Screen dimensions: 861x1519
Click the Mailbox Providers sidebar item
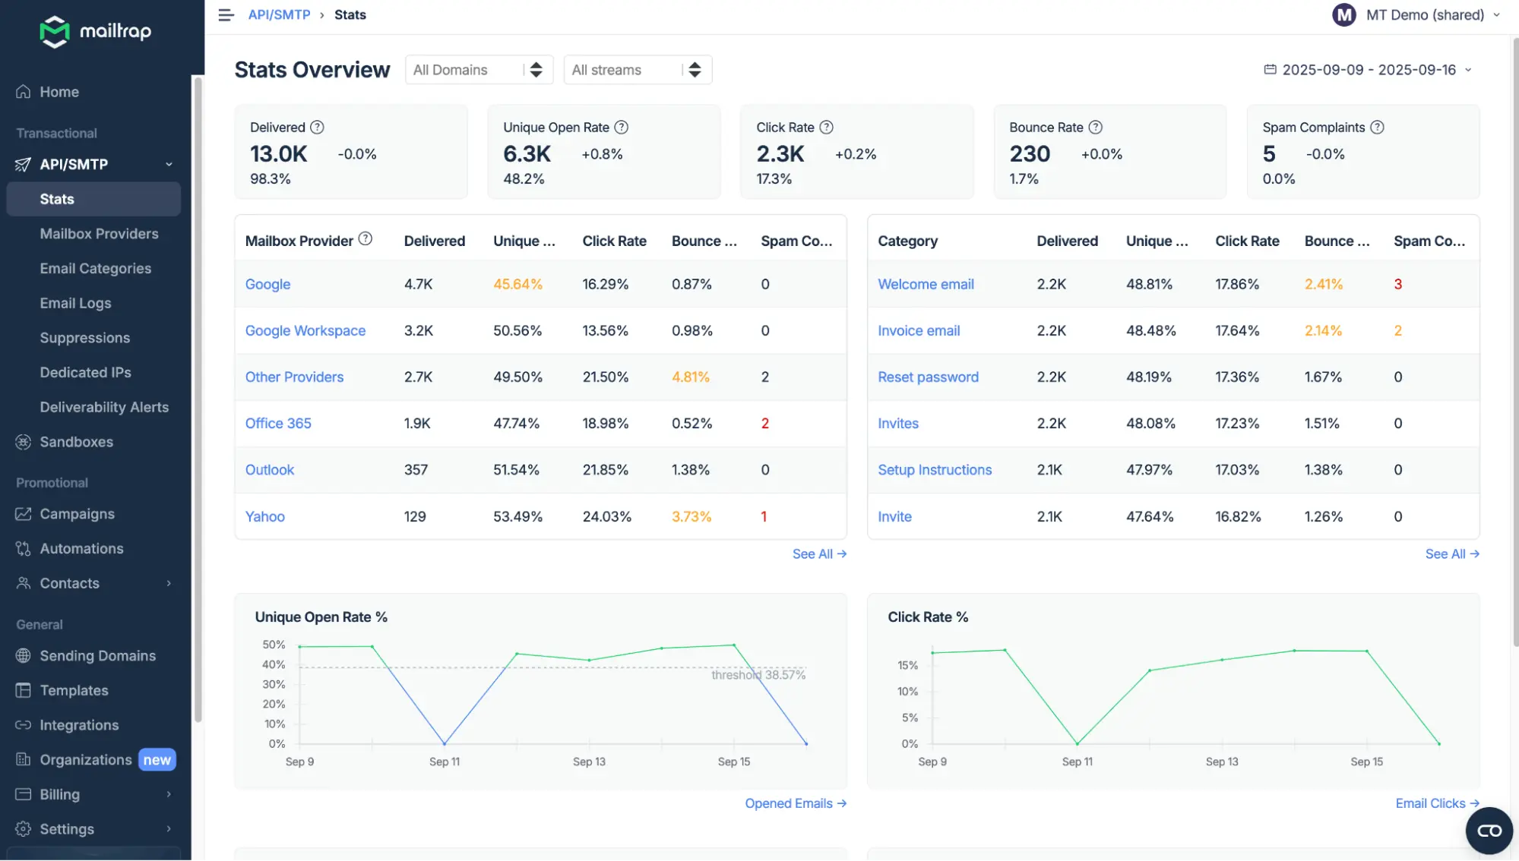pyautogui.click(x=99, y=234)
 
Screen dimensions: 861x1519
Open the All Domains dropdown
pyautogui.click(x=478, y=70)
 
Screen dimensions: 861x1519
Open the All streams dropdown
pyautogui.click(x=637, y=70)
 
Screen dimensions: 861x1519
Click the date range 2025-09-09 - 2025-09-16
pyautogui.click(x=1368, y=70)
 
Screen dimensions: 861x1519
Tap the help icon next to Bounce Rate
pyautogui.click(x=1095, y=128)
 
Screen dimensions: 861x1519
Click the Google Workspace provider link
pyautogui.click(x=305, y=331)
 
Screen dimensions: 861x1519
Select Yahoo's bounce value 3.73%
pyautogui.click(x=691, y=517)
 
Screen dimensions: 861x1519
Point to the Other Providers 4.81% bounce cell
pyautogui.click(x=690, y=377)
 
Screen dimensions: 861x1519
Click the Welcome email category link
pyautogui.click(x=925, y=285)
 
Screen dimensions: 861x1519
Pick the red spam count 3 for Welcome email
pyautogui.click(x=1397, y=285)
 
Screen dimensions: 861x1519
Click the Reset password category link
pyautogui.click(x=927, y=377)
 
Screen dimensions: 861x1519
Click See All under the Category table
pyautogui.click(x=1451, y=554)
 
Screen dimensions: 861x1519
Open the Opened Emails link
pyautogui.click(x=795, y=803)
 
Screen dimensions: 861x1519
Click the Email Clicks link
pyautogui.click(x=1436, y=803)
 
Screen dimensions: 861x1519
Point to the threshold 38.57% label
pyautogui.click(x=758, y=675)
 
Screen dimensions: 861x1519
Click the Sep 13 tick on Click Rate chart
pyautogui.click(x=1221, y=762)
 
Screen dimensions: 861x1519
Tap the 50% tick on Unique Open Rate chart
pyautogui.click(x=274, y=645)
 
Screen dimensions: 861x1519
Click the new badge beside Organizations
pyautogui.click(x=157, y=760)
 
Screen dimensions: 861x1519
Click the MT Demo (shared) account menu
pyautogui.click(x=1416, y=15)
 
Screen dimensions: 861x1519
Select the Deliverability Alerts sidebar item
pyautogui.click(x=104, y=408)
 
